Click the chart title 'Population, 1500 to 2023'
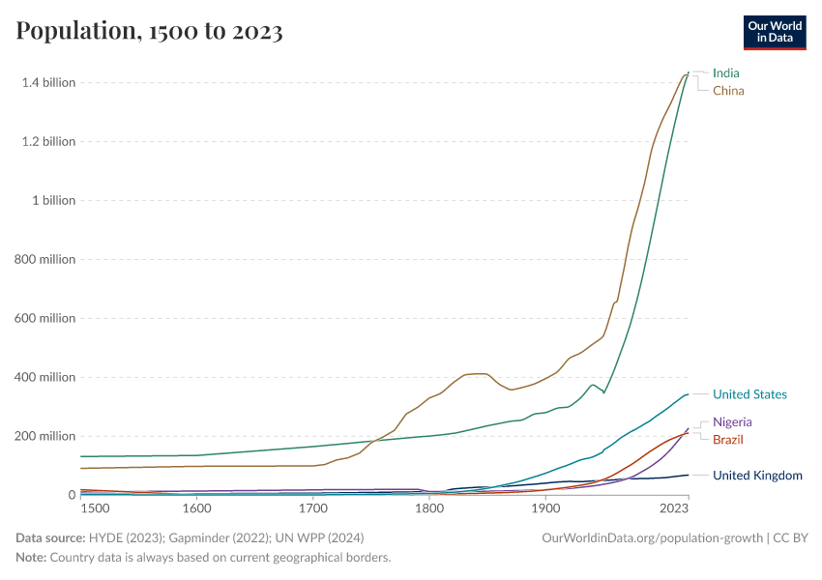click(x=149, y=31)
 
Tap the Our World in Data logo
click(x=774, y=32)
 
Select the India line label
click(x=725, y=72)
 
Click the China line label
click(x=728, y=91)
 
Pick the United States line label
click(x=749, y=394)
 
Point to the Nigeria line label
click(x=732, y=422)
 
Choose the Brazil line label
click(x=728, y=440)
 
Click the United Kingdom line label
click(x=757, y=476)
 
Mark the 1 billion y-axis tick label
click(x=54, y=201)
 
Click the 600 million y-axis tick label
click(x=44, y=319)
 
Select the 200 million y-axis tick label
click(x=44, y=437)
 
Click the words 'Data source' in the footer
click(x=48, y=537)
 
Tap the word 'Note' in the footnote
click(x=30, y=558)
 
